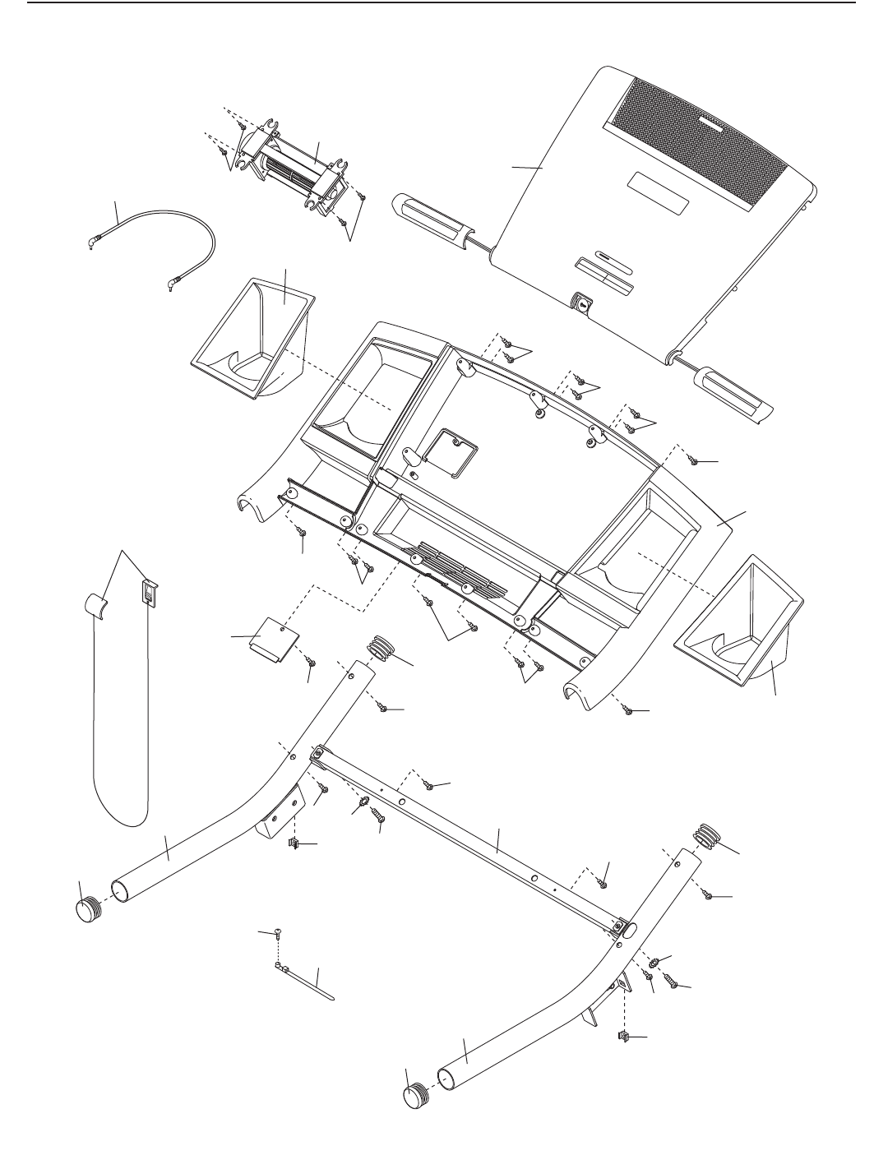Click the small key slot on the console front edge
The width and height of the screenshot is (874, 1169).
(x=583, y=304)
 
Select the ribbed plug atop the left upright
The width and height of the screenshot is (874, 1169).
(x=382, y=645)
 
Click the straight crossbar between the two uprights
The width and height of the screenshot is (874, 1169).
(x=469, y=839)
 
